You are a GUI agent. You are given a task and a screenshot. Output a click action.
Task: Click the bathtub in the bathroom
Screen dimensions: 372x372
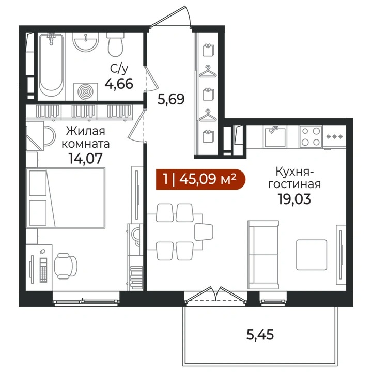pos(51,65)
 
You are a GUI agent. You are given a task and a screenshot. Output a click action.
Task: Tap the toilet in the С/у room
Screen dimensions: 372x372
pos(116,44)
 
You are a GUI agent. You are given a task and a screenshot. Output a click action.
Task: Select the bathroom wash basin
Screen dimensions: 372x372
pos(86,42)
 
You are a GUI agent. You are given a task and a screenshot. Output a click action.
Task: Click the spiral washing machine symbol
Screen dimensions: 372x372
pos(86,91)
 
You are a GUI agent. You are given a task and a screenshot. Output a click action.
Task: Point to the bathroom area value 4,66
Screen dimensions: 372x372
pos(119,84)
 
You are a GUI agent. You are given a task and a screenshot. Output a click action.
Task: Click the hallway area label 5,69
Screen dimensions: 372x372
pos(171,99)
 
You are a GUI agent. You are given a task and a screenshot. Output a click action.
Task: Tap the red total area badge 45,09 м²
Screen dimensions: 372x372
pos(200,179)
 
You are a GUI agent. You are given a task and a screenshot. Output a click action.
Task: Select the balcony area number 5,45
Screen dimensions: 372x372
pos(260,335)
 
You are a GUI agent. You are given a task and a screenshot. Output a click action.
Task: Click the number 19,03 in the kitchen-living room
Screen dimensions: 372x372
pos(294,199)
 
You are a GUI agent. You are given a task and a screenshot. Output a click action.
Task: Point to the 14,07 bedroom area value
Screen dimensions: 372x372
pos(85,158)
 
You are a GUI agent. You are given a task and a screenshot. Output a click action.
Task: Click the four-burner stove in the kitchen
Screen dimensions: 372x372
pos(311,136)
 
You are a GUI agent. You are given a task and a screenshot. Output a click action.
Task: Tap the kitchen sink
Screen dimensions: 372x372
pos(275,136)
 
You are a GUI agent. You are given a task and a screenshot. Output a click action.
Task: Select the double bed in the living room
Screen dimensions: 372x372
pos(66,198)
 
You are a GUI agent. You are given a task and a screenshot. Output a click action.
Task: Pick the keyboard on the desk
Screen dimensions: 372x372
pos(43,270)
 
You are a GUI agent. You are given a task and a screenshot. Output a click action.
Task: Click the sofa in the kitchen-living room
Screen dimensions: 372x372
pos(263,255)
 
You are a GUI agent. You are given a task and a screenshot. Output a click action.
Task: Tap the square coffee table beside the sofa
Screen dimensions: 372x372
pos(312,255)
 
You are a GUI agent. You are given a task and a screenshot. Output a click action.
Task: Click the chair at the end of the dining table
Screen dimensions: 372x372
pos(204,232)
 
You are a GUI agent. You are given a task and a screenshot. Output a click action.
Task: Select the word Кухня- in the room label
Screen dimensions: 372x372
pos(295,172)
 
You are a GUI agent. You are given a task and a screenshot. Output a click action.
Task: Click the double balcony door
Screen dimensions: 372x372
pos(215,296)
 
